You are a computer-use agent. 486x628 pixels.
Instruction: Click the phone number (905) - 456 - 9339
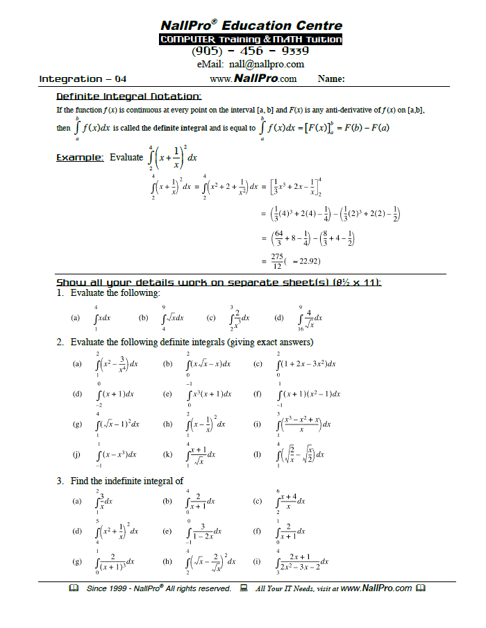250,51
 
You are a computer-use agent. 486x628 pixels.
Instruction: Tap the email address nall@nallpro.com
251,65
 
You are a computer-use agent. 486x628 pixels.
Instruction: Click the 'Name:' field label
332,79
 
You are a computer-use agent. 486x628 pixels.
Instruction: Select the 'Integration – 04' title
83,79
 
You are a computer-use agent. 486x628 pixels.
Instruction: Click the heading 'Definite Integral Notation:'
128,96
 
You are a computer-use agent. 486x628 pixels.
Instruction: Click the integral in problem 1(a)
102,317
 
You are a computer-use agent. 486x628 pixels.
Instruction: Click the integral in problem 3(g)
112,561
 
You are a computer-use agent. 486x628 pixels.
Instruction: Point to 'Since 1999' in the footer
104,588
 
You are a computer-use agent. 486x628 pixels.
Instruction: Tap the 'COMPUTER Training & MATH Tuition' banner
251,40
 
